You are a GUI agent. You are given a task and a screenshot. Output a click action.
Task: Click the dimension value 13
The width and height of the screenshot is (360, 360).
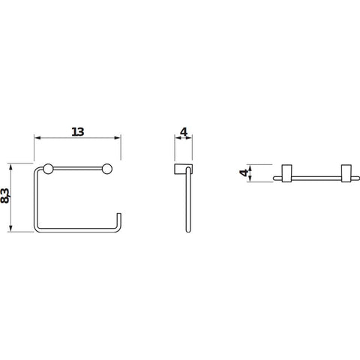click(78, 132)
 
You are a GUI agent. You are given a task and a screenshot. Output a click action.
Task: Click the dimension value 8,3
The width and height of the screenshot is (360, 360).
click(5, 196)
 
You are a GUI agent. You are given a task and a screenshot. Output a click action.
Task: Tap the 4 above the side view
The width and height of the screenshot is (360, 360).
click(184, 132)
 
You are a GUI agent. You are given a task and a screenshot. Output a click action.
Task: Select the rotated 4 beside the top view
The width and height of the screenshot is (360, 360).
click(244, 172)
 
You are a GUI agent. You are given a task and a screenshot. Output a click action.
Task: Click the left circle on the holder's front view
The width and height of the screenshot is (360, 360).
click(48, 169)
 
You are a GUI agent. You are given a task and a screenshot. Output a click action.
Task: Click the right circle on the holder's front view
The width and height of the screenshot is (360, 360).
click(107, 169)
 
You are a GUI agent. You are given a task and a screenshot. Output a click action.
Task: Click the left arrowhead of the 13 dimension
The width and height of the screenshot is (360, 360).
click(37, 138)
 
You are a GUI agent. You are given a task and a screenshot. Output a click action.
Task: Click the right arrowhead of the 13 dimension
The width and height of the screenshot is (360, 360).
click(118, 138)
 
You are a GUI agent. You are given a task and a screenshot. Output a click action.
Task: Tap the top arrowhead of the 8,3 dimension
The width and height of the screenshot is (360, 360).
click(10, 167)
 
